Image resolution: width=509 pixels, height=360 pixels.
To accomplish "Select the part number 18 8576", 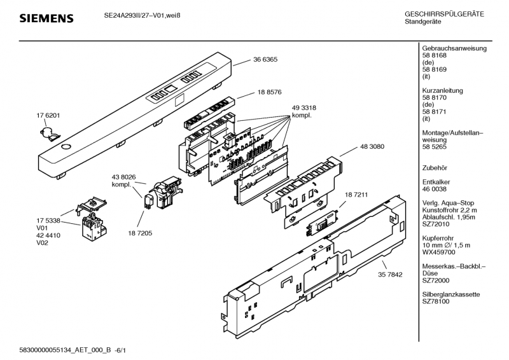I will (270, 92).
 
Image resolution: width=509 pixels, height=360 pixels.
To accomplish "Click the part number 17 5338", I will (48, 220).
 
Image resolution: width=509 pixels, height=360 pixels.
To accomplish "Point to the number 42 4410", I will (48, 235).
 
